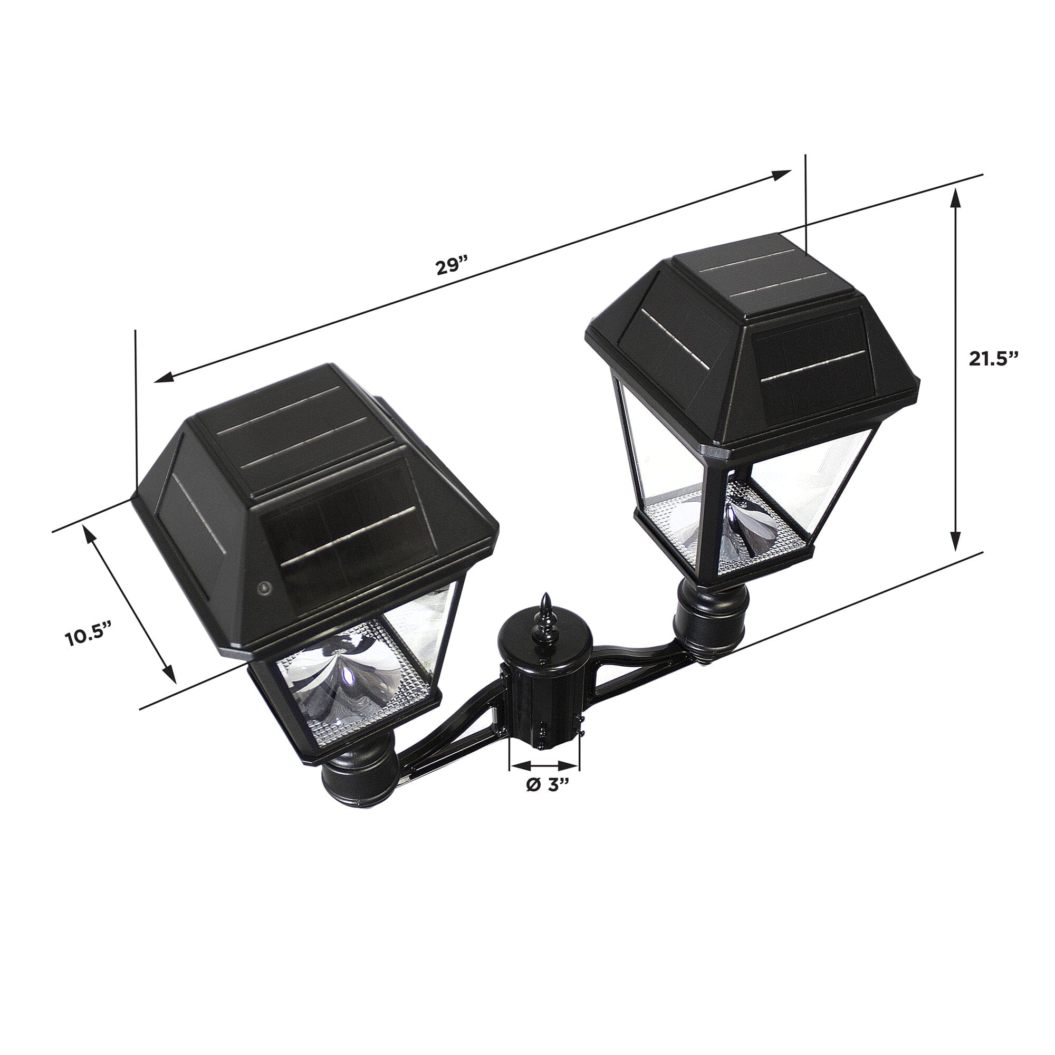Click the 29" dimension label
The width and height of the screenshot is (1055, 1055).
452,267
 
